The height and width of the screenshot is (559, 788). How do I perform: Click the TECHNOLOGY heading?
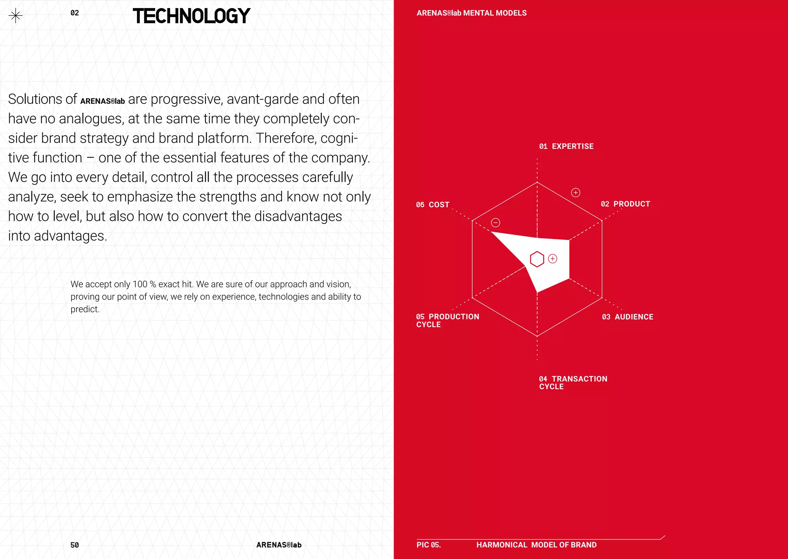click(191, 16)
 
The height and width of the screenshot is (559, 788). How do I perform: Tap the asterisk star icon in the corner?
click(15, 16)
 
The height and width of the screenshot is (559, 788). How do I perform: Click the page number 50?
click(75, 545)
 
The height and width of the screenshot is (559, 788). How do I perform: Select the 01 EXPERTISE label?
click(566, 146)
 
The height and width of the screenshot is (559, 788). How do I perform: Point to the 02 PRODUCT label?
click(625, 204)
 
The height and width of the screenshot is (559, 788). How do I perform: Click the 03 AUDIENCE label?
click(628, 317)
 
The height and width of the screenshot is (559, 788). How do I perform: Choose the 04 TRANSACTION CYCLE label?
click(573, 382)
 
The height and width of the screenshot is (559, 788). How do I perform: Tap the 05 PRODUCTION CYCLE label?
click(447, 320)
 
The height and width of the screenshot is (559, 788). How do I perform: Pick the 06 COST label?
click(432, 205)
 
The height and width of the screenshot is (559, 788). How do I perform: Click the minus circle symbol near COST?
click(496, 222)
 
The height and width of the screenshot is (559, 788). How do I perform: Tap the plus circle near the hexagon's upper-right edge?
click(576, 192)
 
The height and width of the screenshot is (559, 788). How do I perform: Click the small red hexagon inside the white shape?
click(537, 259)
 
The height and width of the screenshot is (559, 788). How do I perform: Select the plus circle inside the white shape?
click(553, 259)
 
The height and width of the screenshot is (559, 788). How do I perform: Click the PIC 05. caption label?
click(429, 545)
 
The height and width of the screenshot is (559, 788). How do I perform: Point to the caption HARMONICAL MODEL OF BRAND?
click(536, 545)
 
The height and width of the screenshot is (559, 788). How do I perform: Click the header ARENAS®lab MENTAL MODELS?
click(471, 13)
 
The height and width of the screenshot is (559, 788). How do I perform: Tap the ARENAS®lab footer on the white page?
click(279, 545)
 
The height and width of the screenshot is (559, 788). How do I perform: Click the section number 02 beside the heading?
click(75, 13)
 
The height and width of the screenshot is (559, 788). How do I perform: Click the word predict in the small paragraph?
click(85, 309)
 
